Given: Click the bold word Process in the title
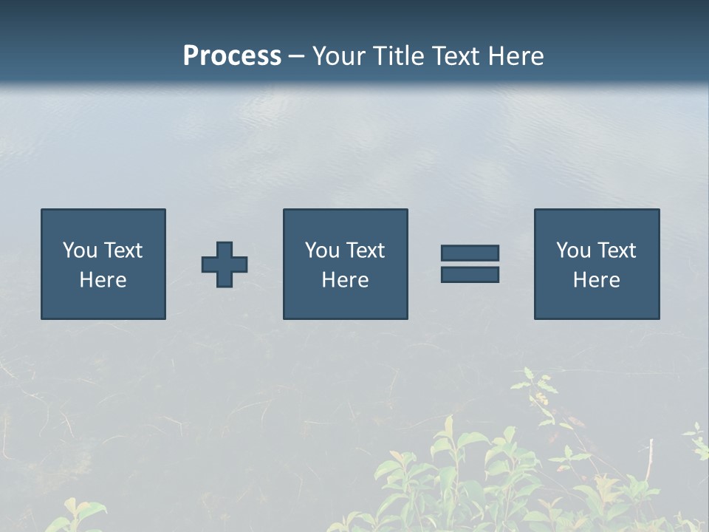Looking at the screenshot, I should pyautogui.click(x=232, y=56).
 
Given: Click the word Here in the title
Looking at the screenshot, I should pyautogui.click(x=516, y=56).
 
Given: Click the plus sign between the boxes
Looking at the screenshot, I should pyautogui.click(x=225, y=265).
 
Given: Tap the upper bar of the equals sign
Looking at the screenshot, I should pyautogui.click(x=470, y=253).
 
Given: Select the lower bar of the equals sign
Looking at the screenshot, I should pyautogui.click(x=470, y=274).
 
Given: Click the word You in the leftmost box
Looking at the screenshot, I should pyautogui.click(x=80, y=250).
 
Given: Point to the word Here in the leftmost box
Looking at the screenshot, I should pyautogui.click(x=103, y=280).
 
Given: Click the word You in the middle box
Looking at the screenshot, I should pyautogui.click(x=322, y=250).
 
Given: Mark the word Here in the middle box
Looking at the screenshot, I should pyautogui.click(x=346, y=280).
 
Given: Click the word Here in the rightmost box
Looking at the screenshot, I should pyautogui.click(x=597, y=280).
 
